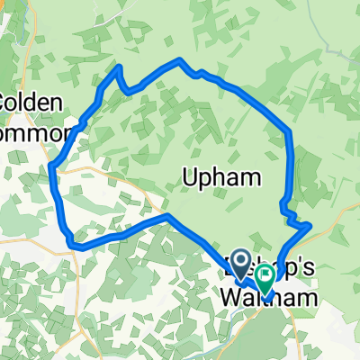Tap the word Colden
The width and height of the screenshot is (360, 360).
(x=31, y=103)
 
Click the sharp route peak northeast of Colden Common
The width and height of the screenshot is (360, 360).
(x=118, y=67)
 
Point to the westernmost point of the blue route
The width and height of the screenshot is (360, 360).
(x=52, y=166)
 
